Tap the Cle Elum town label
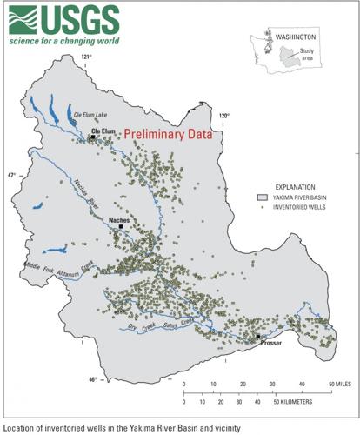[x=103, y=130]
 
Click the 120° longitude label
[x=223, y=115]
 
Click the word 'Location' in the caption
[x=19, y=427]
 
